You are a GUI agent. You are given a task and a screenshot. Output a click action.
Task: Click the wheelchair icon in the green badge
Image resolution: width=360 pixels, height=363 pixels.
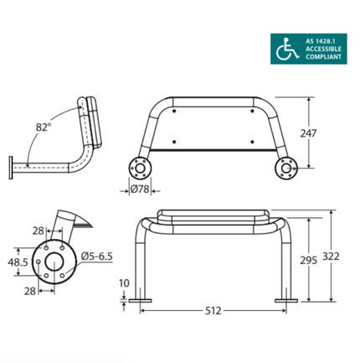point(285,48)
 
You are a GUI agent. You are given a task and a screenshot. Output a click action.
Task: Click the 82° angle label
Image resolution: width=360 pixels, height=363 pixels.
point(44,127)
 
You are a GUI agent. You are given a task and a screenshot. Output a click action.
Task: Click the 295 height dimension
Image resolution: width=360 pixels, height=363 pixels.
point(308,261)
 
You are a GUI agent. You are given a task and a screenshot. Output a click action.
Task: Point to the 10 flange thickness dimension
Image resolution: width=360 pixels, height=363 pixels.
point(124,284)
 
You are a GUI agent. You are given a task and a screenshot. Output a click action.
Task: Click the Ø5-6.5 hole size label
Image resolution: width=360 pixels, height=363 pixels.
point(98,257)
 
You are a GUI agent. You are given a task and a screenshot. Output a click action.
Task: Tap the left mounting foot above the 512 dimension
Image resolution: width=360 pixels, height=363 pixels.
point(140,299)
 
